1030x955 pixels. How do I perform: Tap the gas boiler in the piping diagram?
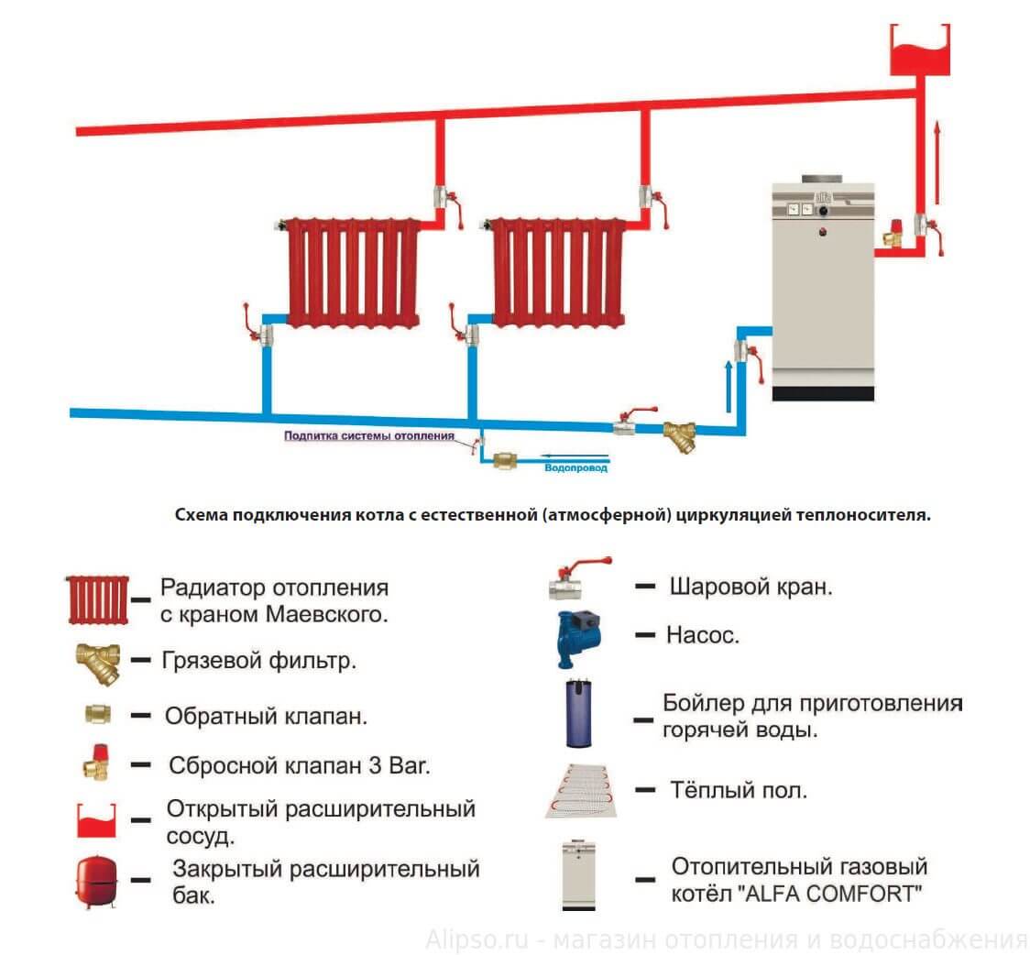click(822, 289)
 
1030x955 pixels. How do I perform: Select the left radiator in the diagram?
click(353, 272)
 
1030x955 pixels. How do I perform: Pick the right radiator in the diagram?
click(558, 272)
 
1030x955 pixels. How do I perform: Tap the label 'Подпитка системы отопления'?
click(368, 437)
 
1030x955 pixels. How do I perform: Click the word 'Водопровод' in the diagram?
click(575, 467)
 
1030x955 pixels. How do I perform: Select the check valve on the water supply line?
click(505, 462)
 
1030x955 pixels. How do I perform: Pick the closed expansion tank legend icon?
click(95, 880)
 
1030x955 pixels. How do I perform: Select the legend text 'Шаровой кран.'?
click(751, 587)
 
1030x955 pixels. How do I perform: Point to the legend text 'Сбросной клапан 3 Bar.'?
click(299, 765)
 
